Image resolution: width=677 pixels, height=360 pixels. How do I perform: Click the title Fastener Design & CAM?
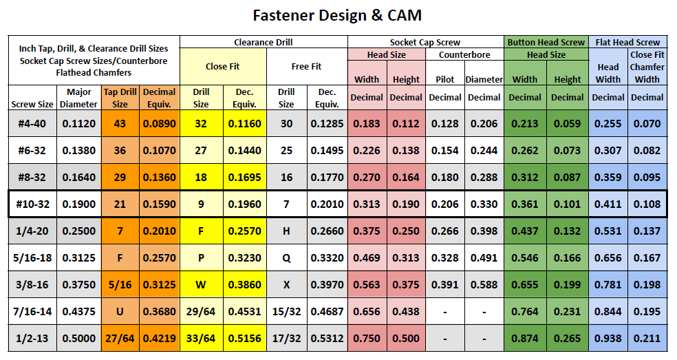(337, 15)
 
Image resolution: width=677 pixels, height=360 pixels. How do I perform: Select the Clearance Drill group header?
(264, 42)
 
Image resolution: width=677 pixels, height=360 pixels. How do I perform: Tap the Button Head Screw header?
(546, 42)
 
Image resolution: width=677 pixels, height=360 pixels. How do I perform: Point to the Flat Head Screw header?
(628, 42)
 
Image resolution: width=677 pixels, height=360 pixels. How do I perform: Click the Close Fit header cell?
(222, 67)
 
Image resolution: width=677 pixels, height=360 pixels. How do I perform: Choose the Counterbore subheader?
(464, 54)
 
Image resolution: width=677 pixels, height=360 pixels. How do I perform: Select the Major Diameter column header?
(79, 98)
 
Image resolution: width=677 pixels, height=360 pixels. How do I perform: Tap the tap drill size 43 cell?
(120, 123)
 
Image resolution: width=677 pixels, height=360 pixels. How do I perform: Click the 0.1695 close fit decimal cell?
(243, 177)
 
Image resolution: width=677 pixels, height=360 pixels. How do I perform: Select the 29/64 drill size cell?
(201, 311)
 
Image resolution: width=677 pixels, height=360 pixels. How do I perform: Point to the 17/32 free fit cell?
(286, 338)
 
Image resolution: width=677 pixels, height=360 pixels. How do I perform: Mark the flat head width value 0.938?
(608, 338)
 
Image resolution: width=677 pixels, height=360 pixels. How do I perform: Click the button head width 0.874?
(525, 338)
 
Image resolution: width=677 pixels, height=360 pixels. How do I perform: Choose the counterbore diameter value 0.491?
(484, 257)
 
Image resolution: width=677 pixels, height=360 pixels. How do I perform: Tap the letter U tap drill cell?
(120, 311)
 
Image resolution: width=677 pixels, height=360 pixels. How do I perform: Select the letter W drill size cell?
(201, 284)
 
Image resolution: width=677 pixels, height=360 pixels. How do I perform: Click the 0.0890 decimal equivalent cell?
(160, 123)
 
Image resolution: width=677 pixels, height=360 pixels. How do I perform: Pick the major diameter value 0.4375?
(79, 311)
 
